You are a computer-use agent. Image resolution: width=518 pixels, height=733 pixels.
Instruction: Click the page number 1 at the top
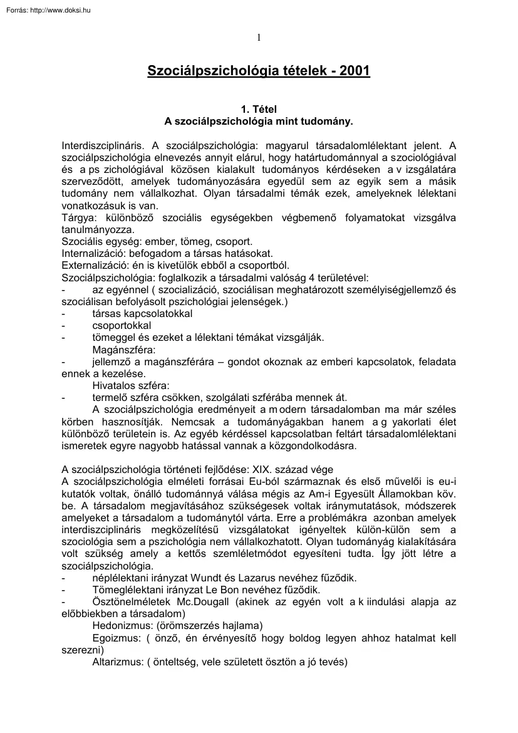(x=259, y=38)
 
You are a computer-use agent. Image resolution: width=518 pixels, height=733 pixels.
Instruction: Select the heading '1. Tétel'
(x=259, y=108)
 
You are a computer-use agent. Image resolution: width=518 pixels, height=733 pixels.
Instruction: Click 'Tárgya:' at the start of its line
(x=77, y=217)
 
